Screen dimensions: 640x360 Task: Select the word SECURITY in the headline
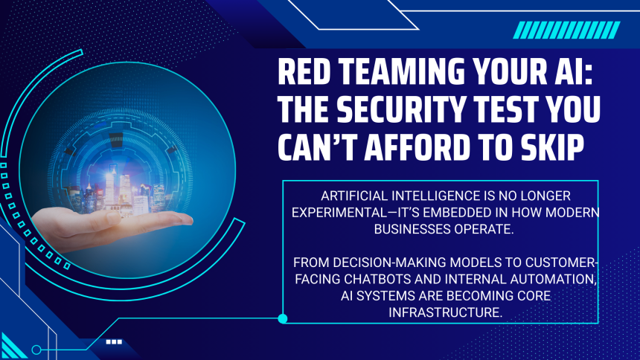401,109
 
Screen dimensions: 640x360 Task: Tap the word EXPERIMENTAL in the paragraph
339,213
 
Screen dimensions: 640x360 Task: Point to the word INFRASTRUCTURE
444,312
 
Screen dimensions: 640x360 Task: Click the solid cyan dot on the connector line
283,319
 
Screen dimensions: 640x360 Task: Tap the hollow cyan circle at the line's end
36,350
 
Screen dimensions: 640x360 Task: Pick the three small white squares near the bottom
114,342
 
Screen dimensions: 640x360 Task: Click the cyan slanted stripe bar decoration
566,30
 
